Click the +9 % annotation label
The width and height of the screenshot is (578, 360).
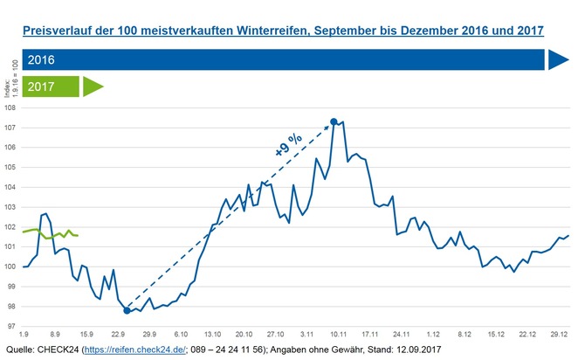(x=287, y=145)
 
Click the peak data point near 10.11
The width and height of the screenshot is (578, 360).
(x=334, y=121)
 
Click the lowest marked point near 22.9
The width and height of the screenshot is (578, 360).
(x=127, y=310)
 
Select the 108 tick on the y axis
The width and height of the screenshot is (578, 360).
(x=11, y=108)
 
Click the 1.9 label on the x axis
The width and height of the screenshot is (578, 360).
(x=24, y=335)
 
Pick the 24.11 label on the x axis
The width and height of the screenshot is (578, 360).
(x=402, y=335)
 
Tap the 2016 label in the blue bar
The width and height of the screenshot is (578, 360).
(x=42, y=60)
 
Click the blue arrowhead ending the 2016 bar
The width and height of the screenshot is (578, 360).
(x=558, y=59)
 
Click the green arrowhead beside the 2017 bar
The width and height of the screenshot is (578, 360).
(x=93, y=87)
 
